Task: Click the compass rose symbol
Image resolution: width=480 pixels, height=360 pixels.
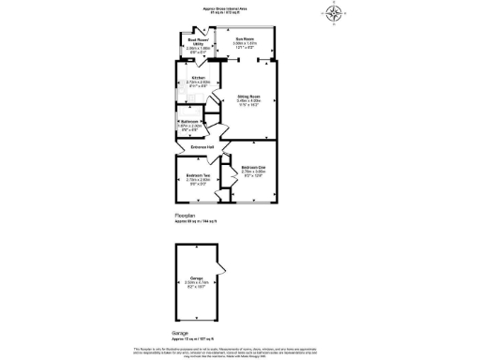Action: point(335,12)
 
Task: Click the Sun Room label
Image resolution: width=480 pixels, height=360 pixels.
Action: point(244,38)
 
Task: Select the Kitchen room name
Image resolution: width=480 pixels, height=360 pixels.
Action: point(198,78)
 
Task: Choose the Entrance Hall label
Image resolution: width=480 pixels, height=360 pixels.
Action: point(204,146)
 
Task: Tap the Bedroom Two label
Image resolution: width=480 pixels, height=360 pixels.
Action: point(197,175)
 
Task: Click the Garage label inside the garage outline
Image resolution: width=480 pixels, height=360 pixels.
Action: point(198,279)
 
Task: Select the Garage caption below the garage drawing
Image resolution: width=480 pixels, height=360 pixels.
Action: point(181,333)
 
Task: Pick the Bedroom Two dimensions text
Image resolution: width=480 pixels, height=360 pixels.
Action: point(197,182)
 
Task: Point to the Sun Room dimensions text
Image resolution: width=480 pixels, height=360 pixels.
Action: point(244,45)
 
